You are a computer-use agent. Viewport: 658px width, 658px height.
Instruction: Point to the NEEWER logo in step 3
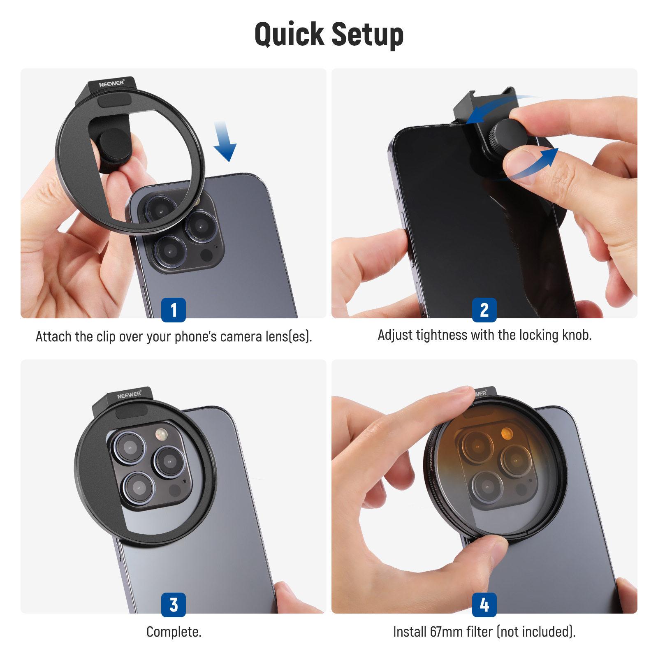(129, 395)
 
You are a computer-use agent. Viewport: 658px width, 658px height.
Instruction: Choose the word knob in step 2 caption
(575, 335)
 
